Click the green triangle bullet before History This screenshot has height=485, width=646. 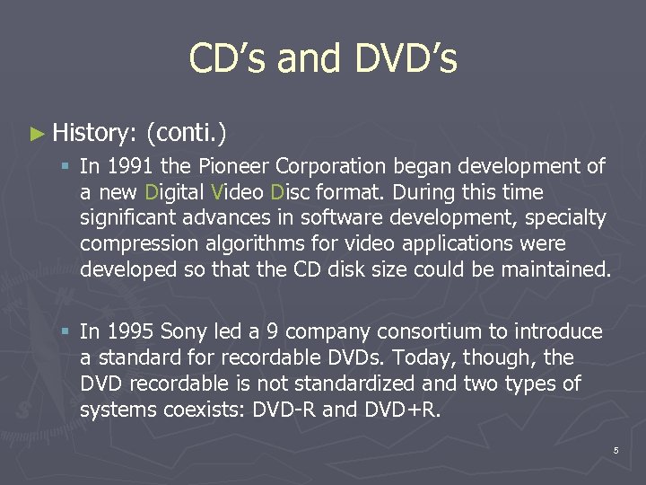pyautogui.click(x=36, y=134)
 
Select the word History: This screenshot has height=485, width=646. pyautogui.click(x=93, y=134)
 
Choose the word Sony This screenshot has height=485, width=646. pyautogui.click(x=182, y=332)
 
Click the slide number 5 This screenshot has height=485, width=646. pyautogui.click(x=615, y=450)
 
